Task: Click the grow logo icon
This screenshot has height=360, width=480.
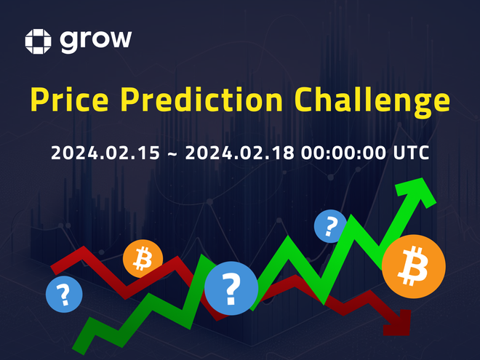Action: click(x=38, y=41)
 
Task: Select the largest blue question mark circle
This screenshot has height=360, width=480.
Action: click(x=231, y=288)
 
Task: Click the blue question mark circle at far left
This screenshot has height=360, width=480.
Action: click(x=64, y=295)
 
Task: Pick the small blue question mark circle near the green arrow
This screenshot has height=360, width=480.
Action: click(x=331, y=226)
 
